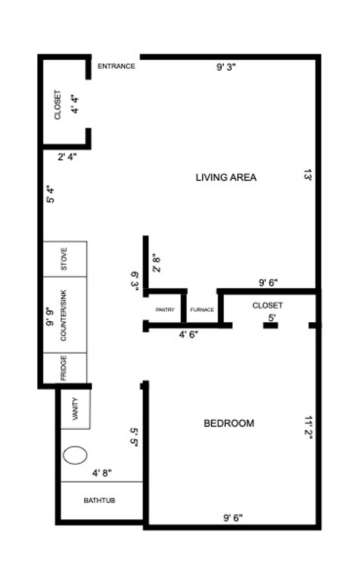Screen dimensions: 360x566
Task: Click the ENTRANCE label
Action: (x=116, y=66)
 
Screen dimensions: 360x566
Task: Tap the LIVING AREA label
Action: (x=226, y=177)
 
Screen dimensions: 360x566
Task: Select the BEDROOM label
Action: (x=229, y=423)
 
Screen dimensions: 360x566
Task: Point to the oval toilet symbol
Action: (x=75, y=455)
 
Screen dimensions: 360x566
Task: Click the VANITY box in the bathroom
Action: (x=75, y=409)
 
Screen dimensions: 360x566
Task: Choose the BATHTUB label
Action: (x=99, y=500)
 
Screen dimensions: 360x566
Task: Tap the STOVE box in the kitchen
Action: (x=65, y=259)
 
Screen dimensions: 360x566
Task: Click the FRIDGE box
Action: (x=65, y=368)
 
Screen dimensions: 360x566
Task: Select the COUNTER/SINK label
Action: (x=63, y=315)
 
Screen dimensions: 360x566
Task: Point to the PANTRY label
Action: (x=165, y=310)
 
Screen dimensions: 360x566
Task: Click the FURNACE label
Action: (x=202, y=310)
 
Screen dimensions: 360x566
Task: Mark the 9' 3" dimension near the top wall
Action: (x=226, y=67)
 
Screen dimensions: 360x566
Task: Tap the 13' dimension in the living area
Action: (x=308, y=175)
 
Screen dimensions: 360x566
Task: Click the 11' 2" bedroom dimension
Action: (x=308, y=428)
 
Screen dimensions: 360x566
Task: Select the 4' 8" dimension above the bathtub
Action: (x=102, y=473)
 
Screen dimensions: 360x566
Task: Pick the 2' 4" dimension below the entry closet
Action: (x=67, y=157)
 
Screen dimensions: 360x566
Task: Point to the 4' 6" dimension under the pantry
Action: (x=189, y=334)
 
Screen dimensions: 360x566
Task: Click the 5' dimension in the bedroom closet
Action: (x=272, y=318)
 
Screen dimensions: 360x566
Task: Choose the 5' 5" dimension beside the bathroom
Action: (x=134, y=438)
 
